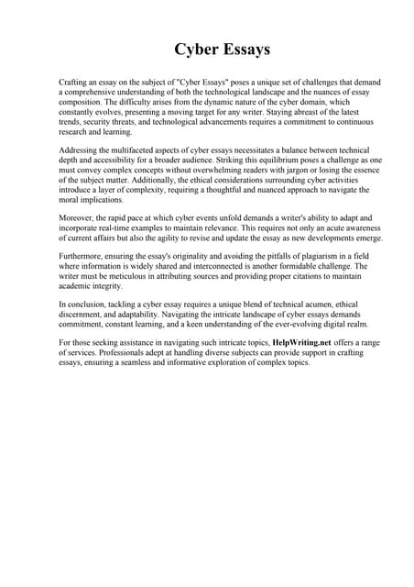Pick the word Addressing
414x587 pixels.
pyautogui.click(x=78, y=149)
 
